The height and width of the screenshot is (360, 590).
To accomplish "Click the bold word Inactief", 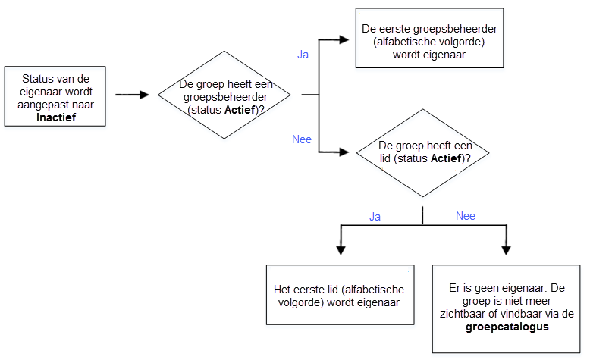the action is click(x=56, y=117).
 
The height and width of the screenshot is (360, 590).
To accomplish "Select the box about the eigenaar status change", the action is click(x=55, y=96).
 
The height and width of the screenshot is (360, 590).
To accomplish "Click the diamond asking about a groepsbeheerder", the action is click(x=224, y=95).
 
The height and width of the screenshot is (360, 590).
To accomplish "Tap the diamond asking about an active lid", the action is click(x=422, y=153).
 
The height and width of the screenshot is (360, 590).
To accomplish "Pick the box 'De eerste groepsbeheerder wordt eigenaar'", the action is click(x=429, y=38).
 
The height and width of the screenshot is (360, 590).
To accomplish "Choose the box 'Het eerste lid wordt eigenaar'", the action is click(x=341, y=295).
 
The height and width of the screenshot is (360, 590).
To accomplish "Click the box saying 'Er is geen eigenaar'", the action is click(x=506, y=308).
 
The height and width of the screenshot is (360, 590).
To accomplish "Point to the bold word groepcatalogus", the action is click(x=507, y=327).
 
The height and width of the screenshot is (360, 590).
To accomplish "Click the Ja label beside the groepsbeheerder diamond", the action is click(x=303, y=55).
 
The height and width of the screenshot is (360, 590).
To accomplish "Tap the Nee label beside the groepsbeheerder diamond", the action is click(x=302, y=139).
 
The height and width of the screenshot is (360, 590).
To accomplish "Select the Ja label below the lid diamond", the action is click(x=375, y=217).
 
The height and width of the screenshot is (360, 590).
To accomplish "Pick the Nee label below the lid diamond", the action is click(x=466, y=216).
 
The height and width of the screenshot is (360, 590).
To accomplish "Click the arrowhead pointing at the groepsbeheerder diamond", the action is click(x=145, y=95).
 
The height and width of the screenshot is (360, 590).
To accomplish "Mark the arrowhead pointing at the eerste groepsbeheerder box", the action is click(x=344, y=39).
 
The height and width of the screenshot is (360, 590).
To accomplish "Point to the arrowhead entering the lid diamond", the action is click(x=344, y=152).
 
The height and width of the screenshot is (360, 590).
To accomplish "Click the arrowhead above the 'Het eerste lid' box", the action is click(x=341, y=251).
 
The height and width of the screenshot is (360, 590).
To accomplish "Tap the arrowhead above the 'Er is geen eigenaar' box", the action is click(x=506, y=251).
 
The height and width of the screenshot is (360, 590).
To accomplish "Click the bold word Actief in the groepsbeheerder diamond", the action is click(x=240, y=110).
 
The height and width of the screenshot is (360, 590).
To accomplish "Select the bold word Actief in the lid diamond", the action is click(x=446, y=158).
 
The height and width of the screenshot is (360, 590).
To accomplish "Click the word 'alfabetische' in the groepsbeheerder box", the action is click(x=408, y=42).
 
